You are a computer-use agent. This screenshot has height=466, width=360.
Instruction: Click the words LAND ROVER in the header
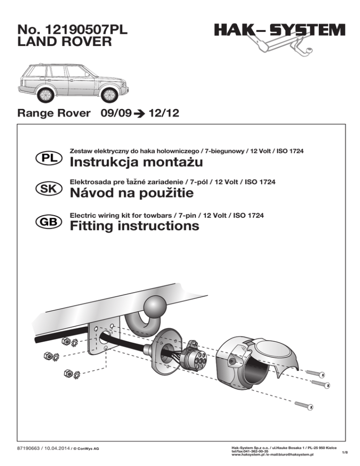(x=64, y=43)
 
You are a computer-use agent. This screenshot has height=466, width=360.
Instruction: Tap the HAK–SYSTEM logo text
(x=279, y=30)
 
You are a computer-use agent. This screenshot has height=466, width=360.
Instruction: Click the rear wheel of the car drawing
(x=45, y=95)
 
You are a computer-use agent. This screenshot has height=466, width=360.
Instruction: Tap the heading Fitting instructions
(x=134, y=226)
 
